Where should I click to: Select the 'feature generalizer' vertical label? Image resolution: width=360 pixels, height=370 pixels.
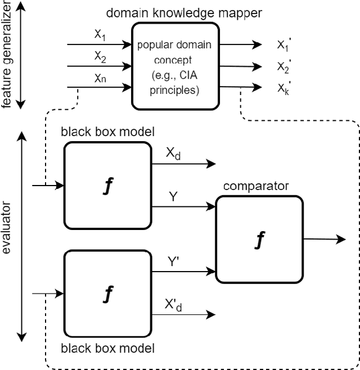pos(7,53)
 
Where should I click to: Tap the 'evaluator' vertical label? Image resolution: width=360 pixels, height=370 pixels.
pos(7,237)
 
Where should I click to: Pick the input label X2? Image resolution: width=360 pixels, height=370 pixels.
pos(100,56)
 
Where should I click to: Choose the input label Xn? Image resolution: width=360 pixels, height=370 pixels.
pos(100,78)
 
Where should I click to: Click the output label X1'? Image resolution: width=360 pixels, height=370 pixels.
pos(283,45)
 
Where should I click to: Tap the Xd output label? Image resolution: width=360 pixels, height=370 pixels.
pos(173,153)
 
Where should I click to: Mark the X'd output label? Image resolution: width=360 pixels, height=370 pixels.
pos(173,305)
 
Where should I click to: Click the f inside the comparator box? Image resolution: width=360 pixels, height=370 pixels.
pos(260,240)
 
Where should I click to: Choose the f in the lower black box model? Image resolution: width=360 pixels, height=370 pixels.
pos(108,293)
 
